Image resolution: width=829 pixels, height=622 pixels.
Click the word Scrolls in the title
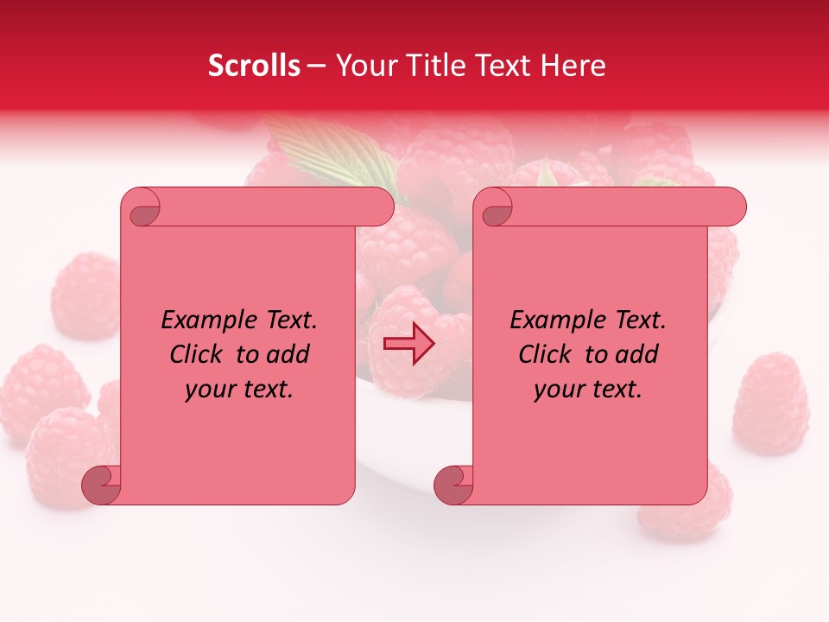(x=254, y=66)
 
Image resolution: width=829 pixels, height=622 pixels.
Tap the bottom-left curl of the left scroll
(x=101, y=484)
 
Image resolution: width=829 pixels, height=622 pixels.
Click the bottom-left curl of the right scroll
(x=453, y=484)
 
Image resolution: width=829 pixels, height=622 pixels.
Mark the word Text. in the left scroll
(x=288, y=321)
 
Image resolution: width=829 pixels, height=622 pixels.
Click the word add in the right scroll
(x=638, y=354)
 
